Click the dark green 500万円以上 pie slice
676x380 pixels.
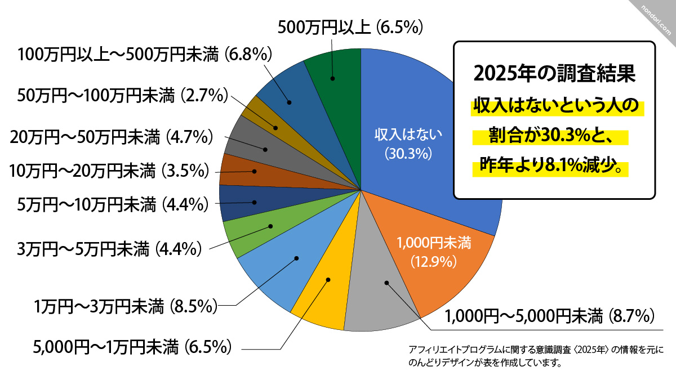[338, 96]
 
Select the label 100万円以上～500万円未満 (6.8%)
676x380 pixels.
[145, 55]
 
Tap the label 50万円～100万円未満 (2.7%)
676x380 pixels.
[122, 95]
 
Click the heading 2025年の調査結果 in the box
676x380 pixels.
[554, 73]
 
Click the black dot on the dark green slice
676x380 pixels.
[332, 79]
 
